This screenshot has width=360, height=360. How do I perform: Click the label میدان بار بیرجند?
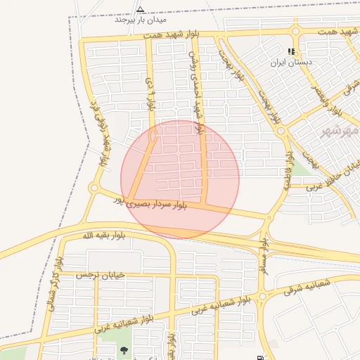140,20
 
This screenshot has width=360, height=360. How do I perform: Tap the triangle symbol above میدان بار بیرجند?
140,10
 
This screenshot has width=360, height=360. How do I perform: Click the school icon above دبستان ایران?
291,51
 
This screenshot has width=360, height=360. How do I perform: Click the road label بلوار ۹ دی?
150,95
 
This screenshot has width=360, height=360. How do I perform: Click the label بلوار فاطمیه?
288,169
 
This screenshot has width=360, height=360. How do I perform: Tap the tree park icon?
124,350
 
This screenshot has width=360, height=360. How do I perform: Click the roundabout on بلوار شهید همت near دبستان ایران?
295,31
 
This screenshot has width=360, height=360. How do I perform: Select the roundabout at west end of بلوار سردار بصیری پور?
94,188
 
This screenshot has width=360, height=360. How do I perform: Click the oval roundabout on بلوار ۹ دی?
153,139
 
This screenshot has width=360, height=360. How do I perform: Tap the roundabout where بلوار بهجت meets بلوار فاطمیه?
281,131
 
